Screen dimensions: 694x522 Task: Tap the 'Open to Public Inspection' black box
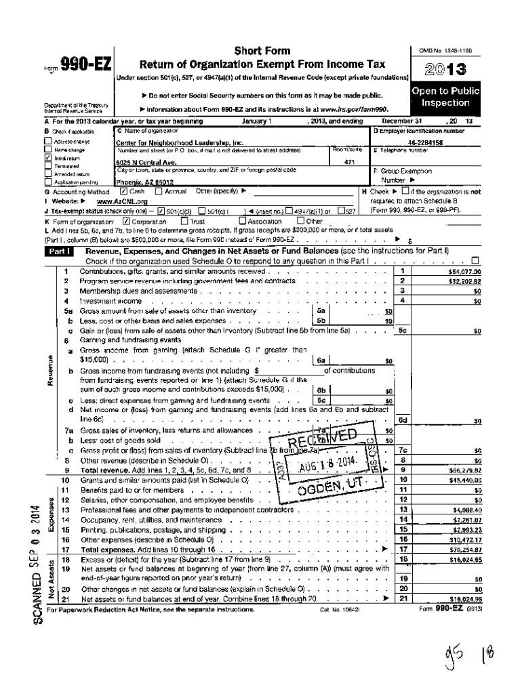446,97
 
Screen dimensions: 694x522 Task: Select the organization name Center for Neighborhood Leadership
169,143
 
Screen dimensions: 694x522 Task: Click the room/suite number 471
350,163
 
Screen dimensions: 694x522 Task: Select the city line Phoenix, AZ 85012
144,182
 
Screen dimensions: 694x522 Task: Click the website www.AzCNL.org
122,201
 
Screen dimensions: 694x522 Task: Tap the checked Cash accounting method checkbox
123,192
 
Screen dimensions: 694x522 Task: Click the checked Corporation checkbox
126,221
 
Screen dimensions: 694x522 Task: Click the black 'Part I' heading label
58,251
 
